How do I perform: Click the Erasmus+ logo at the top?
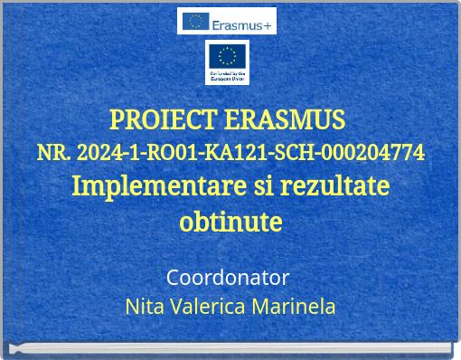(226, 21)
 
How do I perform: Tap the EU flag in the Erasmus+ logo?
(194, 21)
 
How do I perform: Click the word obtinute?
(230, 221)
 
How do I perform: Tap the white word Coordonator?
(228, 276)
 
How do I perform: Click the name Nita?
(144, 306)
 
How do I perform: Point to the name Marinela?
(295, 306)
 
